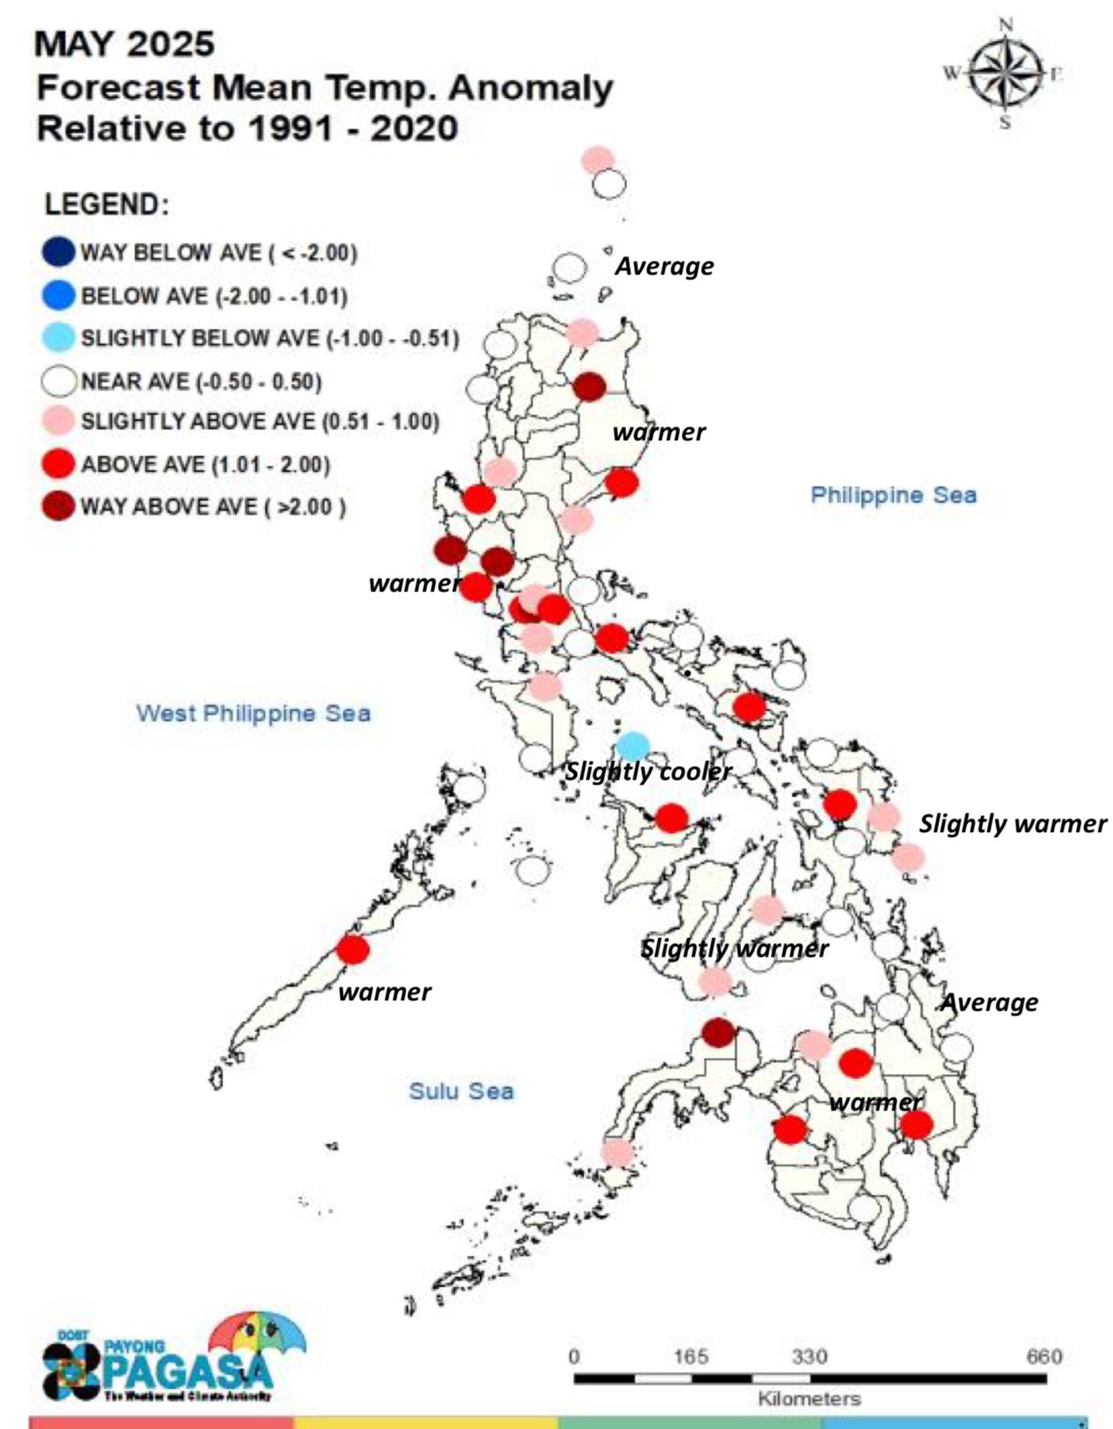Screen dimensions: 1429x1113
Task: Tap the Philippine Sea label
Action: click(x=893, y=495)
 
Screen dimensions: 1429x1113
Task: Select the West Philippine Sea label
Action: click(x=254, y=713)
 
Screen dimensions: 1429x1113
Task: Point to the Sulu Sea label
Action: click(x=461, y=1091)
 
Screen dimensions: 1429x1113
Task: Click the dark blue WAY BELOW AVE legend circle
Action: click(x=59, y=252)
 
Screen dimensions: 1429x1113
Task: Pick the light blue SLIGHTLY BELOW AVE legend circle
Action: click(x=59, y=337)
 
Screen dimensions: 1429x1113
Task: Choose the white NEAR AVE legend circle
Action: click(x=59, y=381)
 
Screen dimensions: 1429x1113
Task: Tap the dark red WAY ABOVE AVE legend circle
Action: click(x=59, y=506)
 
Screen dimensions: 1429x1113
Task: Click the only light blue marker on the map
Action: click(x=633, y=747)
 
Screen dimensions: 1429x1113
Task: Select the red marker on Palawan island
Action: click(x=352, y=949)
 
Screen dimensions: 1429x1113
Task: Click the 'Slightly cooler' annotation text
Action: click(x=648, y=772)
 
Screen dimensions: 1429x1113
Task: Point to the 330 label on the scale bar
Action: click(x=809, y=1357)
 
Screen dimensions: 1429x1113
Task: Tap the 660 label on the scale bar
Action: click(x=1044, y=1357)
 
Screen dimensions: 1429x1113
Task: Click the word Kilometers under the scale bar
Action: click(x=809, y=1398)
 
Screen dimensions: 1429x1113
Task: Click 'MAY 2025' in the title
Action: click(x=124, y=44)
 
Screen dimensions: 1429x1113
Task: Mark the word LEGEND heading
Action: click(x=106, y=204)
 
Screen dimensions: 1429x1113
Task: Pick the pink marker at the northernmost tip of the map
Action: click(x=597, y=159)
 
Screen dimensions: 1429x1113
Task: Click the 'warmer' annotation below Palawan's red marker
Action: click(x=385, y=992)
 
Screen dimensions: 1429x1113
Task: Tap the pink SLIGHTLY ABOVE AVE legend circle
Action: click(x=59, y=422)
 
